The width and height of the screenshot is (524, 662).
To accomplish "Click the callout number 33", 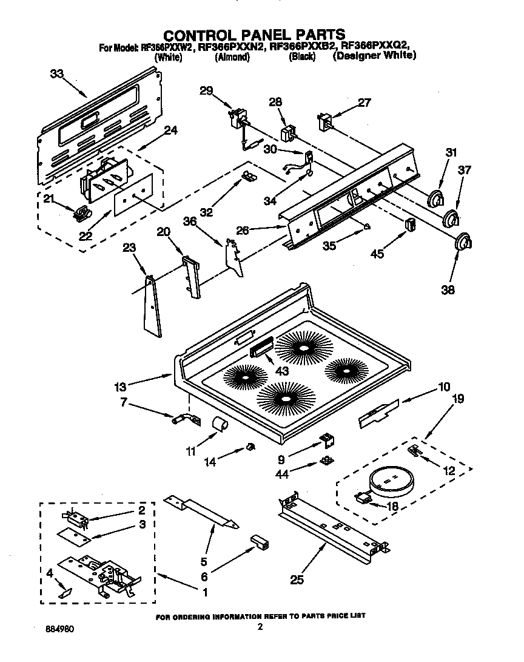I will click(x=56, y=73).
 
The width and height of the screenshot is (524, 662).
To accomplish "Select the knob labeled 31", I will click(x=434, y=198).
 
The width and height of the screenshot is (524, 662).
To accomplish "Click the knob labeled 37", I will click(x=450, y=218).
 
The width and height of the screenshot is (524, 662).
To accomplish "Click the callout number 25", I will click(x=297, y=580).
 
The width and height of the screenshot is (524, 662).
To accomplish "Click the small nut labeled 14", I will click(x=249, y=448).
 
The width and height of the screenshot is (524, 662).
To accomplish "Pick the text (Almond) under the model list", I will click(x=232, y=56).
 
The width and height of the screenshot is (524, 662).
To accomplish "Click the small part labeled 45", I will click(x=410, y=224).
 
